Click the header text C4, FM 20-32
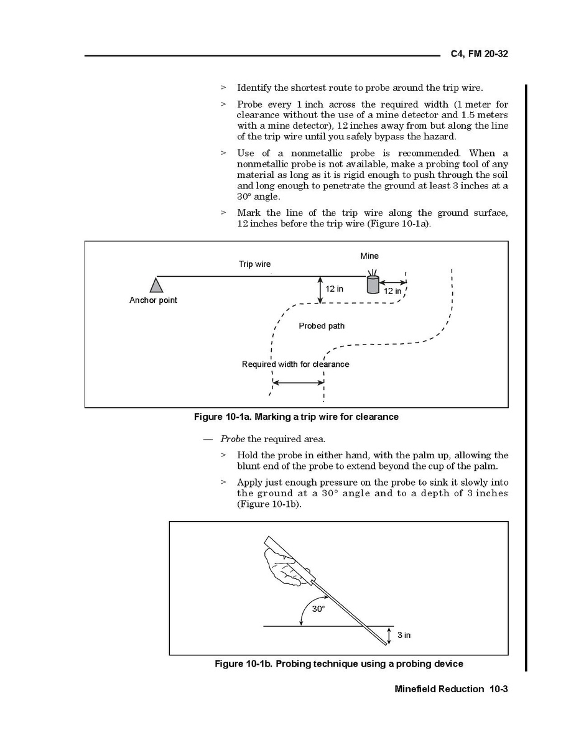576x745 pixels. coord(479,54)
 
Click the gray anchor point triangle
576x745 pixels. coord(156,285)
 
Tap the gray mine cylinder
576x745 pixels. coord(372,284)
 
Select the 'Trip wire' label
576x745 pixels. coord(254,264)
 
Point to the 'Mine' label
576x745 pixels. coord(369,256)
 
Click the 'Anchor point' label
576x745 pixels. coord(153,300)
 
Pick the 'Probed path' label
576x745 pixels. coord(322,326)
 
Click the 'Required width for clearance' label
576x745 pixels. coord(295,364)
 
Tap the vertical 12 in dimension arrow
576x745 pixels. coord(320,290)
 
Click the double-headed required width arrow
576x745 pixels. coord(299,382)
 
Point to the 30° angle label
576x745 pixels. coord(318,609)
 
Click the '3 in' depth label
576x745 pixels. coord(404,635)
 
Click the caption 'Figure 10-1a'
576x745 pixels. coord(296,417)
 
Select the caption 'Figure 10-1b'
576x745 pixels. coord(338,664)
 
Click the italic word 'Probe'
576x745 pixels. coord(232,439)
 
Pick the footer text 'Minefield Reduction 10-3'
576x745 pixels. coord(452,688)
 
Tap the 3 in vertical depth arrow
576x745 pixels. coord(389,635)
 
